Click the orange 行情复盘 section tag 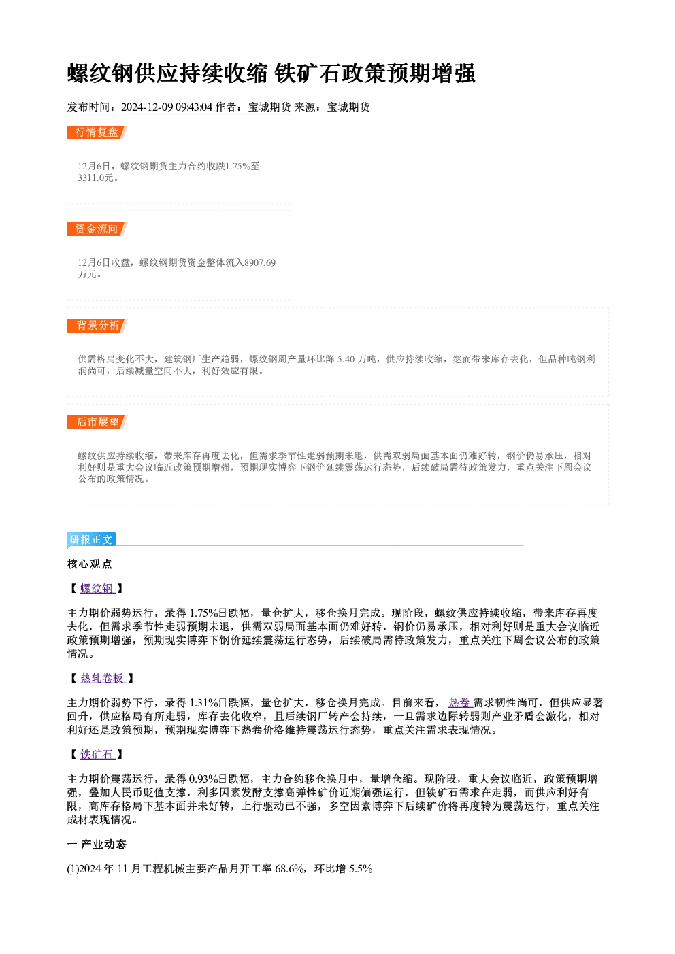click(x=97, y=133)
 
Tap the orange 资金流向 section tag click(x=97, y=229)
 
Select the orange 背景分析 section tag click(x=97, y=326)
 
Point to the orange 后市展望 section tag click(x=97, y=422)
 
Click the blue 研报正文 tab click(x=91, y=540)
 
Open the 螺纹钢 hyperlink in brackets click(x=97, y=589)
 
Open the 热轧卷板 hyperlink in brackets click(x=103, y=678)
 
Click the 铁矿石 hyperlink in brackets click(x=97, y=755)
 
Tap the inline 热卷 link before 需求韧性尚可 click(x=460, y=702)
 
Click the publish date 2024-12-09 click(x=147, y=107)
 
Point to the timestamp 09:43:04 click(x=194, y=107)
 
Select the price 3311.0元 click(x=96, y=177)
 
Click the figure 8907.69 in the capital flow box click(x=260, y=262)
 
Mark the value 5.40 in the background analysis click(x=346, y=360)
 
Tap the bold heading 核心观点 click(x=90, y=564)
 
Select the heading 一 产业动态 click(x=97, y=845)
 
